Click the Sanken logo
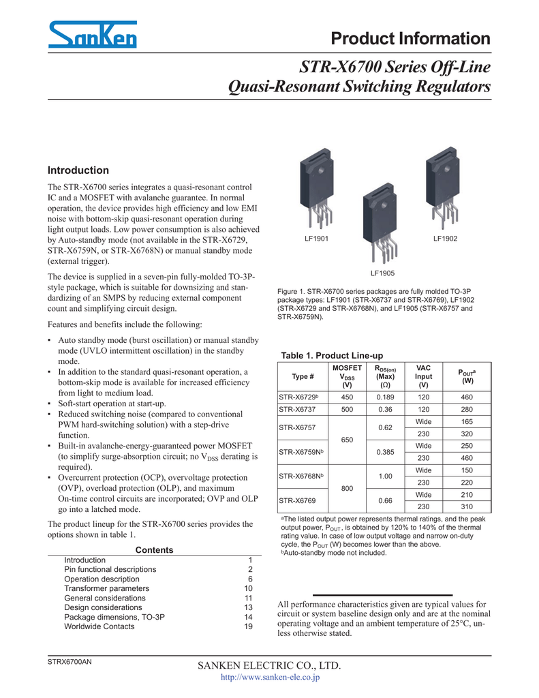click(92, 34)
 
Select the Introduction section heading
click(78, 170)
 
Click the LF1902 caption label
click(445, 239)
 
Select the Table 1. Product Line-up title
click(332, 356)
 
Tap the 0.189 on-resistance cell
click(386, 396)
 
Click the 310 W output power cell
click(467, 506)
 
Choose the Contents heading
click(155, 550)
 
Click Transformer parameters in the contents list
click(106, 588)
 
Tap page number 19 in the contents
click(249, 626)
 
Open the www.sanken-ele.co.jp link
click(271, 678)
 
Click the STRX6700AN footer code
click(69, 663)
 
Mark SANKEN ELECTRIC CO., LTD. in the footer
click(268, 665)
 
